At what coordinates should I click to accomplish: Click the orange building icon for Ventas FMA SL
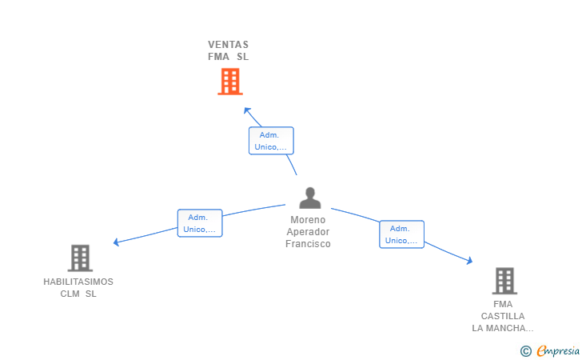[x=230, y=82]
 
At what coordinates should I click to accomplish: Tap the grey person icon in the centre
[x=310, y=198]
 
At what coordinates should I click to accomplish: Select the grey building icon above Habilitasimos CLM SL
[x=80, y=258]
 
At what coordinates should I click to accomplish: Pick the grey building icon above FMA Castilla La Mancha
[x=504, y=281]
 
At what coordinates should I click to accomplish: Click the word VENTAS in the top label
[x=229, y=45]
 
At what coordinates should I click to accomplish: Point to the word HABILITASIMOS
[x=78, y=282]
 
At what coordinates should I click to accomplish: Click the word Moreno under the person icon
[x=308, y=219]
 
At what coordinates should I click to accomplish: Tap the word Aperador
[x=308, y=232]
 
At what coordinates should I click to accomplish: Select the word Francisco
[x=308, y=244]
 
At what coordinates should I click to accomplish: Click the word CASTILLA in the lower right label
[x=503, y=316]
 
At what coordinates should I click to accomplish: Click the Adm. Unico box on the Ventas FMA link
[x=271, y=141]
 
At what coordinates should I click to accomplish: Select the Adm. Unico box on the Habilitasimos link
[x=200, y=223]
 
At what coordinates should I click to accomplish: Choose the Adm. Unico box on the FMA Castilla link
[x=401, y=234]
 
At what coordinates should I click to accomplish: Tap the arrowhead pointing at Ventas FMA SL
[x=247, y=110]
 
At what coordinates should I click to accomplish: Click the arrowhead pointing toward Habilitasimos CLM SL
[x=117, y=242]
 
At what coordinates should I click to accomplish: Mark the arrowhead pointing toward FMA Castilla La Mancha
[x=469, y=261]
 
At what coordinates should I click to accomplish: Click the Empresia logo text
[x=558, y=350]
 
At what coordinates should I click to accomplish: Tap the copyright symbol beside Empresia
[x=525, y=350]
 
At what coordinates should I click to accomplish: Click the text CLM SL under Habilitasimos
[x=78, y=294]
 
